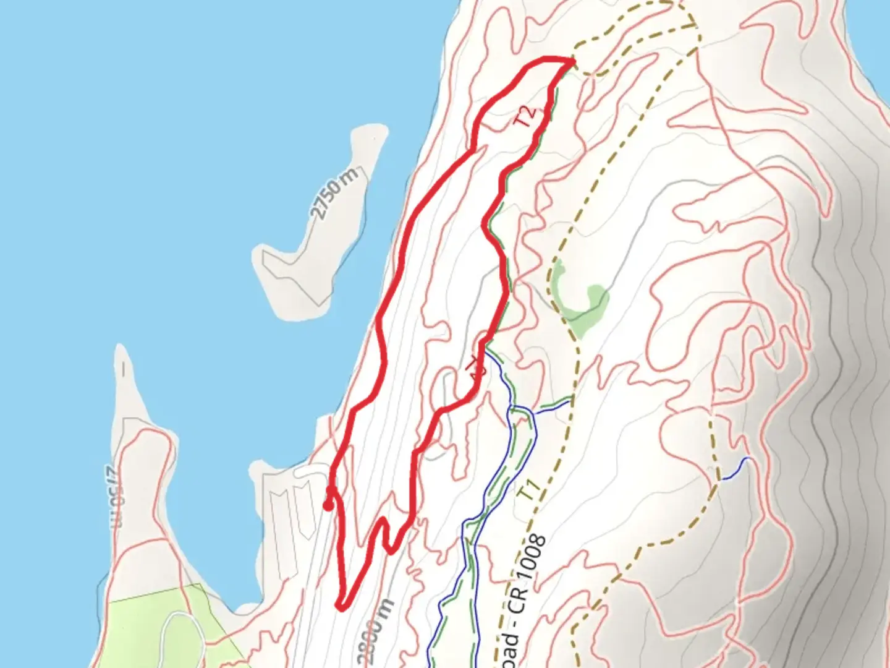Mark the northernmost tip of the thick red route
coord(570,60)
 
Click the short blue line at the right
coord(735,468)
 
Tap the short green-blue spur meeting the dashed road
coord(553,405)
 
